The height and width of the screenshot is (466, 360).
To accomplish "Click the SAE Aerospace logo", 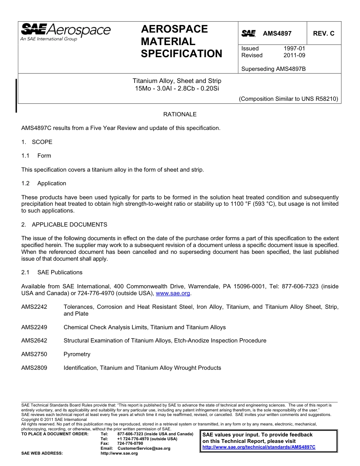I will click(66, 32).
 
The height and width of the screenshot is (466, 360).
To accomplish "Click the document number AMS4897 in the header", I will click(277, 33).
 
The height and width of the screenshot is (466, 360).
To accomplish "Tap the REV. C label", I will click(323, 33).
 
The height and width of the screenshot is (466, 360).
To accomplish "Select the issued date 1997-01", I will click(294, 48).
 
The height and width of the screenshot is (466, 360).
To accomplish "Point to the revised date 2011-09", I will click(294, 55).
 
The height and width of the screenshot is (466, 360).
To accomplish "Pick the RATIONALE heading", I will click(180, 114).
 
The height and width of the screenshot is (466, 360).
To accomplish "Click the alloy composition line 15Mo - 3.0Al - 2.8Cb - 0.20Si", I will click(177, 89).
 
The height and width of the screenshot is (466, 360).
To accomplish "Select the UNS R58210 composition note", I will click(288, 99).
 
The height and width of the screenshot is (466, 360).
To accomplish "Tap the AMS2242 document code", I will click(34, 307).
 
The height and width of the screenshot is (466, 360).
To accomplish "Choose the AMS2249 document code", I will click(34, 327).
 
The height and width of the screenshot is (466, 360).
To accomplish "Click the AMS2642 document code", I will click(34, 341).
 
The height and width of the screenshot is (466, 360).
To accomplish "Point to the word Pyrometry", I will click(77, 354).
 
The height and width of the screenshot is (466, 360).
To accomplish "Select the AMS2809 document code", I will click(34, 368).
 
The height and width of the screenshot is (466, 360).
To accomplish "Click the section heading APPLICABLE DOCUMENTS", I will click(69, 225).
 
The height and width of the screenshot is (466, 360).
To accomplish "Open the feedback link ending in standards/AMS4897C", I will click(259, 447).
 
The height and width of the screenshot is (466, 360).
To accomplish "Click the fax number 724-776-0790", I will click(130, 443).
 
